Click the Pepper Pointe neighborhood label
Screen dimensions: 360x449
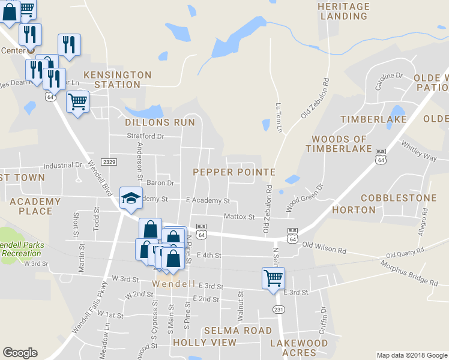(234, 172)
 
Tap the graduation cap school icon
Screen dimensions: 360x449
(130, 197)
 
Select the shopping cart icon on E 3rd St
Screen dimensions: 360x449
(273, 278)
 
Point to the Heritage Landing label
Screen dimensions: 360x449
(343, 11)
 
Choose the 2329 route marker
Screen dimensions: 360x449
(109, 162)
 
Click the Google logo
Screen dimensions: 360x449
(20, 353)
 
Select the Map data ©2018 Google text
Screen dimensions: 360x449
(411, 355)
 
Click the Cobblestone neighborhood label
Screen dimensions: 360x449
(399, 198)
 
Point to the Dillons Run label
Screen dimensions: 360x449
(160, 122)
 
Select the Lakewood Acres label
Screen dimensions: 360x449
(299, 348)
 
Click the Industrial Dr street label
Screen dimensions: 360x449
(62, 165)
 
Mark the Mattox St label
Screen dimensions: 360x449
(239, 217)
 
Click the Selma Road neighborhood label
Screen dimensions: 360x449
(238, 331)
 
